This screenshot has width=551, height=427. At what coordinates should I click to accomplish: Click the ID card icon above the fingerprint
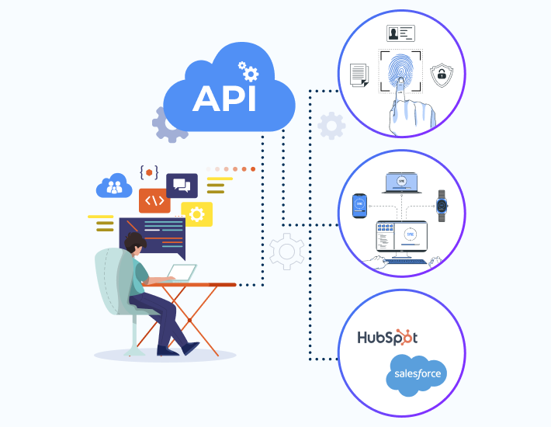400,33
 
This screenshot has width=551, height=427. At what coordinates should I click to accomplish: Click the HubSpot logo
387,338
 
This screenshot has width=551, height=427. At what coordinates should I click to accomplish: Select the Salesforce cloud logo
417,374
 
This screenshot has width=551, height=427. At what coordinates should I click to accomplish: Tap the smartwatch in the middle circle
442,206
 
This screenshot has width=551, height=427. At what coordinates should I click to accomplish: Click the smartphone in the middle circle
359,206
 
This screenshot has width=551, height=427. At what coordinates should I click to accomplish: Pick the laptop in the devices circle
401,184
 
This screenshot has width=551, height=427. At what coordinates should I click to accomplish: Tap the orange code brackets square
154,200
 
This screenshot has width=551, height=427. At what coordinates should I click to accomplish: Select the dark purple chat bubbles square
182,185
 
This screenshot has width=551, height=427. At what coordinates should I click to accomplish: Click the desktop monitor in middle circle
401,236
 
